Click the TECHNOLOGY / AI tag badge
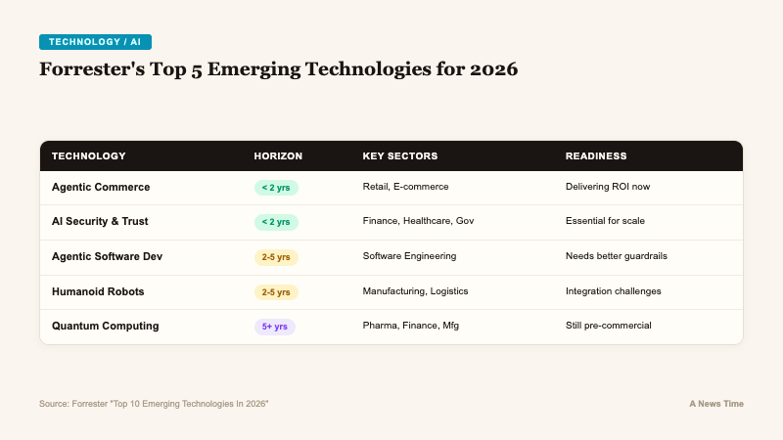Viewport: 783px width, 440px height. tap(95, 41)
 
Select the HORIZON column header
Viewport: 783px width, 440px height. tap(278, 155)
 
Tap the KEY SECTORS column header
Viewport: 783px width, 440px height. tap(399, 155)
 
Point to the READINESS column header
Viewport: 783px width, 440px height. tap(596, 155)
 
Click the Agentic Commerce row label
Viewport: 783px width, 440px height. tap(101, 187)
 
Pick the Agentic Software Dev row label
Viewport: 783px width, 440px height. tap(107, 256)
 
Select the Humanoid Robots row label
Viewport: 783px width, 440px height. tap(98, 291)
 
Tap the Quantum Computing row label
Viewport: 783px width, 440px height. tap(104, 327)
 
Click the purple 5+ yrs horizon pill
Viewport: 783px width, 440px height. tap(274, 327)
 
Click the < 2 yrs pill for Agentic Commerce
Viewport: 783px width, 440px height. tap(275, 187)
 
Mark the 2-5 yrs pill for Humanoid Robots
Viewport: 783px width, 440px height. tap(275, 291)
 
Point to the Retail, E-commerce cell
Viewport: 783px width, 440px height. tap(405, 187)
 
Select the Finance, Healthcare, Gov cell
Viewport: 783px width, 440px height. tap(418, 222)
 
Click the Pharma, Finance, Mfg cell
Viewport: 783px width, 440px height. tap(410, 327)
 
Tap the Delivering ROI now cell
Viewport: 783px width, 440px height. tap(607, 187)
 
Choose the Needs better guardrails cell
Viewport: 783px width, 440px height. tap(617, 256)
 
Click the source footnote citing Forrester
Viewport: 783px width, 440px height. tap(154, 404)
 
